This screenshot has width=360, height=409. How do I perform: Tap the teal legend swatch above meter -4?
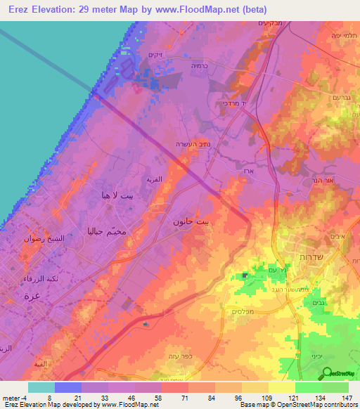pos(41,387)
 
